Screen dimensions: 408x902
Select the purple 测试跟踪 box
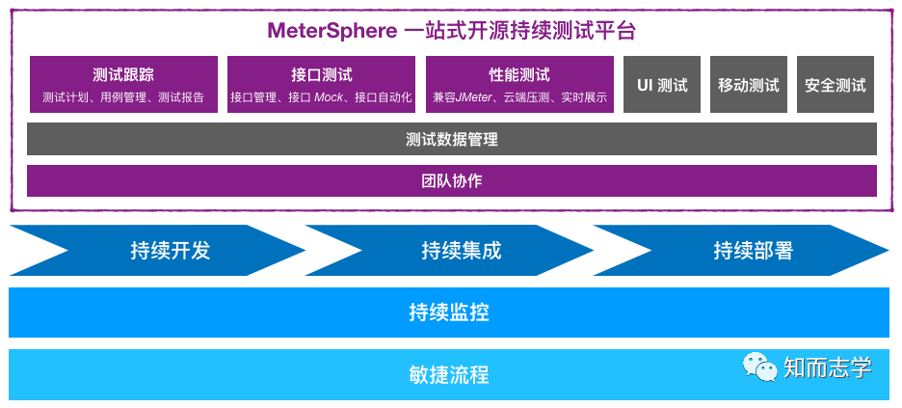123,84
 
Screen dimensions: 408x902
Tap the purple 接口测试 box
321,84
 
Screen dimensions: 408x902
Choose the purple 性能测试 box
519,84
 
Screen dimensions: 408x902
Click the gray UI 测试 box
662,85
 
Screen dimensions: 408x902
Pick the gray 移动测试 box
749,85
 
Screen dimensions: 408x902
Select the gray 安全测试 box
836,85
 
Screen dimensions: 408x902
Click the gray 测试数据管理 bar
452,139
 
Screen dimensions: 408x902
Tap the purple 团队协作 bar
452,180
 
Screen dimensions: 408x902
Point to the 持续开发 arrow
170,251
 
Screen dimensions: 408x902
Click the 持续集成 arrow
462,251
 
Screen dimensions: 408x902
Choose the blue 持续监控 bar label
449,313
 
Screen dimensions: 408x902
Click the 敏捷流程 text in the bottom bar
449,374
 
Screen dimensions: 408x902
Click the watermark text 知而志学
827,367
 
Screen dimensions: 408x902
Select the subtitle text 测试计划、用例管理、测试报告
123,97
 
